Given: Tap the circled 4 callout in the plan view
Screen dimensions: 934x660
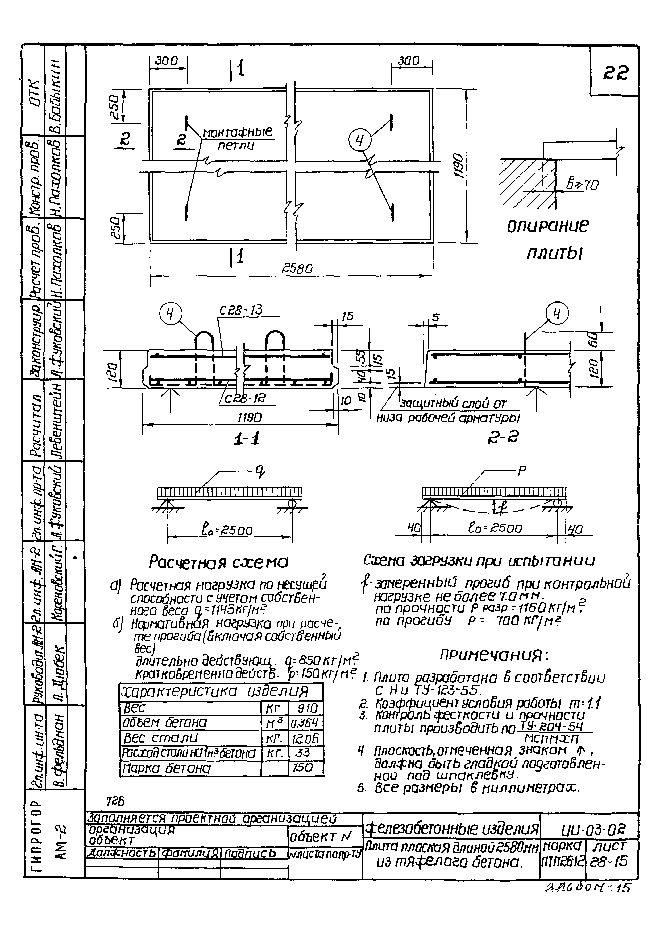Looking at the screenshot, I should pyautogui.click(x=360, y=140).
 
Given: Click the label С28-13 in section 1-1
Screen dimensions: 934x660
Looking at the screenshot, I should pyautogui.click(x=241, y=310).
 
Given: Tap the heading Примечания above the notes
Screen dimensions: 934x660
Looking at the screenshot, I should pyautogui.click(x=495, y=655).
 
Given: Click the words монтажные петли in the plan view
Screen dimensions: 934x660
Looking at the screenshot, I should pyautogui.click(x=238, y=138).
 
